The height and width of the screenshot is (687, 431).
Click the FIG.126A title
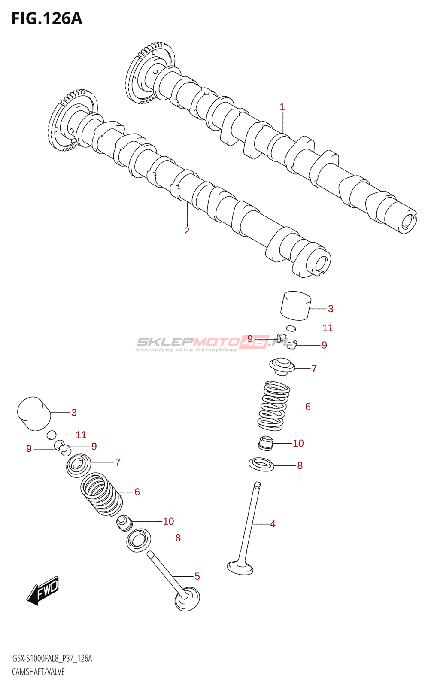47,19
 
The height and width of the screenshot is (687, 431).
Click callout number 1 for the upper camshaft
282,107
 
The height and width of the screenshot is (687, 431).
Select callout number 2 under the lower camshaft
187,231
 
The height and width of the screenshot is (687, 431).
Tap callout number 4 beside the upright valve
273,523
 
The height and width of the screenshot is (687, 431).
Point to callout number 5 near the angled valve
197,576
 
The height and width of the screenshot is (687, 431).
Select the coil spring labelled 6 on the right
273,405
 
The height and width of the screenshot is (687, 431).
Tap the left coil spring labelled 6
101,494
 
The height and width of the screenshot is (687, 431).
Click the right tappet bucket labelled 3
296,305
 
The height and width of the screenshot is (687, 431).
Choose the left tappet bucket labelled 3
34,413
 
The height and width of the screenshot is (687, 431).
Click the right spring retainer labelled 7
282,366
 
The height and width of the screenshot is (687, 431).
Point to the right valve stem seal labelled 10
265,443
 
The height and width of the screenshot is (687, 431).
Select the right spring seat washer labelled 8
261,465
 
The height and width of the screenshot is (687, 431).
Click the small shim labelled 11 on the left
52,435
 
